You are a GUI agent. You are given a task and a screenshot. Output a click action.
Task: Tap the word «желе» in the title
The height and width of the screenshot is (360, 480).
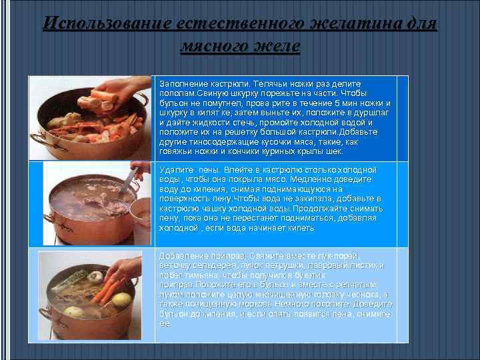[x=279, y=46]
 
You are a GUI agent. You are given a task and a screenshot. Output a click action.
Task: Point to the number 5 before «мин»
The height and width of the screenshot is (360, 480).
[x=338, y=104]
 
